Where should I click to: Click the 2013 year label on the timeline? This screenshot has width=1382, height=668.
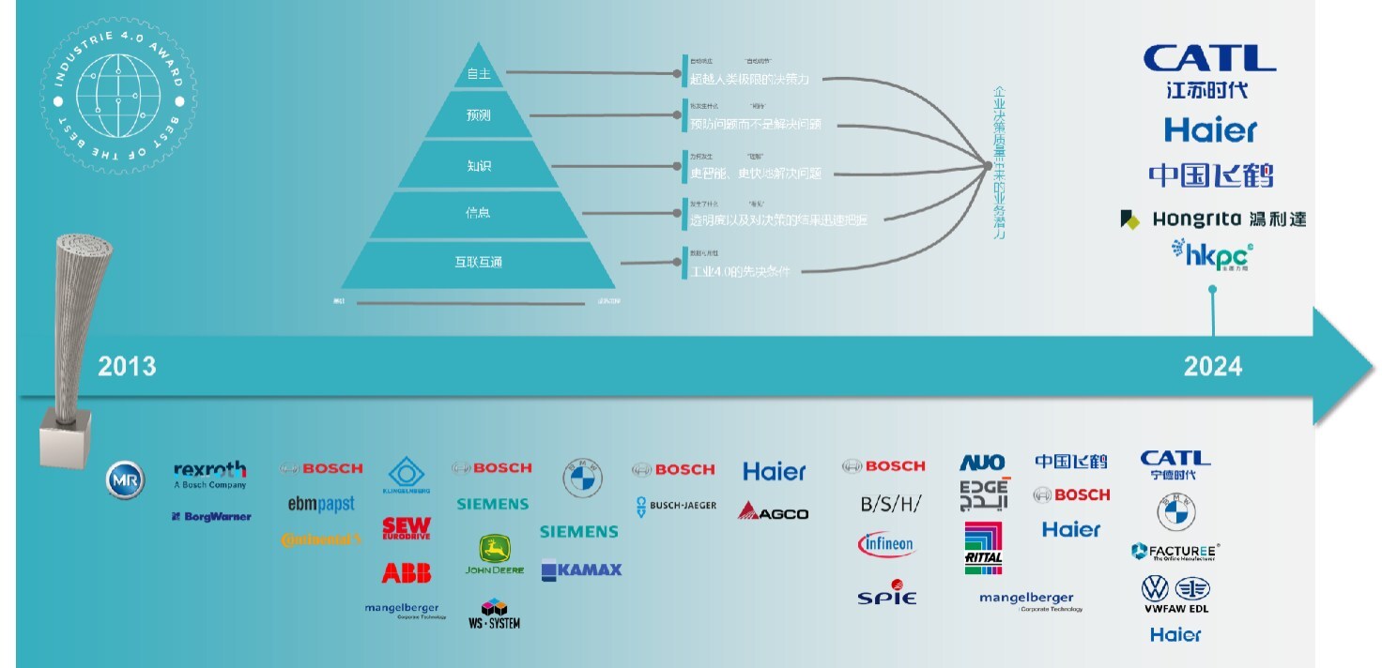pos(127,365)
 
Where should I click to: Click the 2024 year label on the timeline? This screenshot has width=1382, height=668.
pos(1212,365)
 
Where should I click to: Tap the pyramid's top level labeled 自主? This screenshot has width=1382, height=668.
pos(479,73)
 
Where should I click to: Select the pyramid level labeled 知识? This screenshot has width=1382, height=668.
pos(479,166)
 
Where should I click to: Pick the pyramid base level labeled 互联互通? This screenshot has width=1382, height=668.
pos(479,262)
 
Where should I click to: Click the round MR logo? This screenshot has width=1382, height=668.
pos(125,480)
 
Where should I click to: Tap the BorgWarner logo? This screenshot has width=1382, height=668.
pos(211,516)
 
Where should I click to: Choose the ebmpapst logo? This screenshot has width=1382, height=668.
pos(321,505)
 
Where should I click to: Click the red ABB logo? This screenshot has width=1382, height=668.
pos(407,572)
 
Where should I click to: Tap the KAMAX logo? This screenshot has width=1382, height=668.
pos(581,569)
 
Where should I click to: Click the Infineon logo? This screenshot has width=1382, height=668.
pos(885,544)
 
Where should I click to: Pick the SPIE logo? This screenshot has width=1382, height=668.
pos(886,593)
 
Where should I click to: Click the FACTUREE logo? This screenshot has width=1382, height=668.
pos(1175,551)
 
